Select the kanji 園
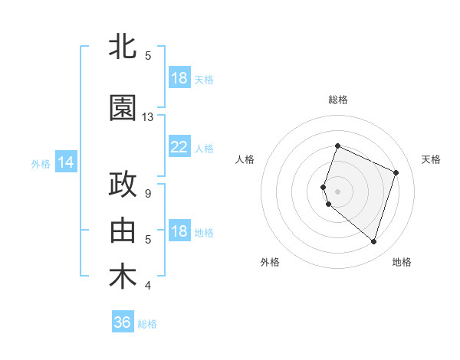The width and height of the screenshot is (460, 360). (123, 108)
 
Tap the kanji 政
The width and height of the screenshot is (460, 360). (123, 185)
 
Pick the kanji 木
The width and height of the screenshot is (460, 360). (123, 277)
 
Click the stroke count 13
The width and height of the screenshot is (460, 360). (148, 117)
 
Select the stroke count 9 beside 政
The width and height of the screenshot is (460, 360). (148, 194)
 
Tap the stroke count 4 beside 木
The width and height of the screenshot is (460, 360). (148, 286)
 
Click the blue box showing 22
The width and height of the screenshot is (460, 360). (179, 147)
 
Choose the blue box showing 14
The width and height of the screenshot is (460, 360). (65, 162)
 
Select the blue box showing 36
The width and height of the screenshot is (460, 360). (123, 322)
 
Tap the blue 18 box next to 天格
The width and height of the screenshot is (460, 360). (179, 78)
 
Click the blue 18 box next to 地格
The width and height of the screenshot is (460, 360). (179, 231)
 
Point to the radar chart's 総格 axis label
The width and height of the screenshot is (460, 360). (338, 100)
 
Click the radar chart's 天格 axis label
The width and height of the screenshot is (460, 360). (431, 159)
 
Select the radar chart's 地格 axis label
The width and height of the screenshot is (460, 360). (402, 262)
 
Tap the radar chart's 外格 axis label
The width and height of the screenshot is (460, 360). (270, 262)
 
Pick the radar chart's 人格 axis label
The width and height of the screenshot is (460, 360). (245, 159)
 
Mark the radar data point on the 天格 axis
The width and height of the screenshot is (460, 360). (396, 172)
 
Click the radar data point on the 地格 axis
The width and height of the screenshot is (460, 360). (373, 241)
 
